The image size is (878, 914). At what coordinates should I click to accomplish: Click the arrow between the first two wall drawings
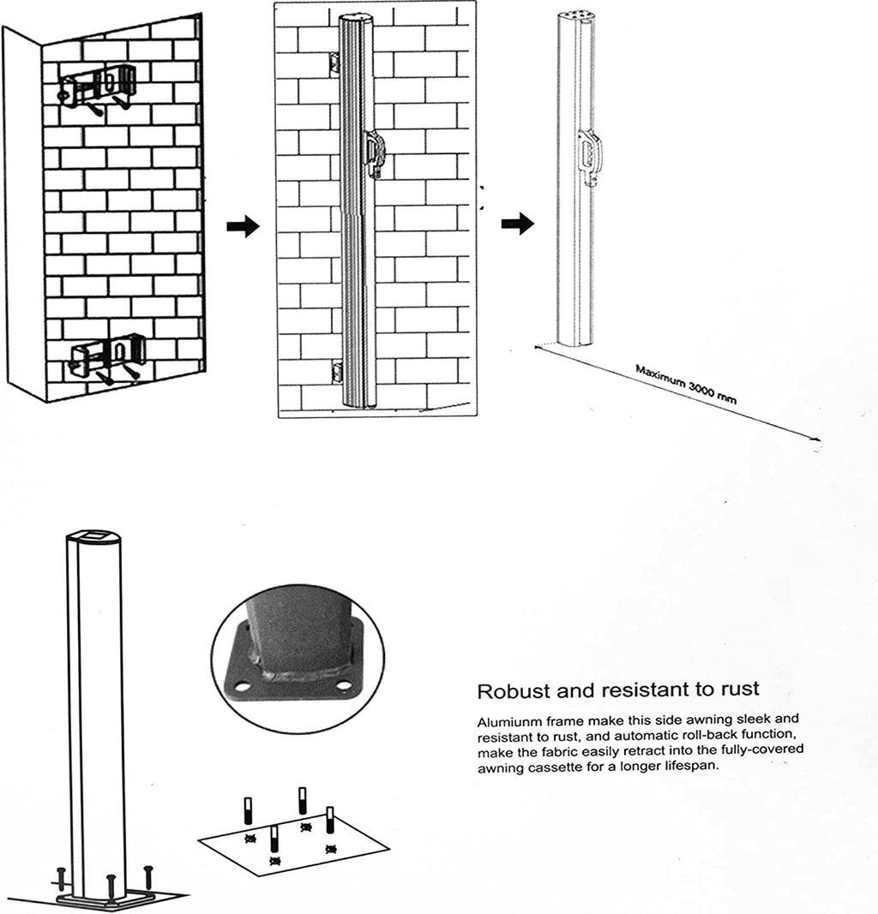[x=243, y=225]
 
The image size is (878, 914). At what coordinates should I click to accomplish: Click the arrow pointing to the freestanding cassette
[x=518, y=224]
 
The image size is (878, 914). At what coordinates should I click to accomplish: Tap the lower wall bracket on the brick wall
[x=108, y=358]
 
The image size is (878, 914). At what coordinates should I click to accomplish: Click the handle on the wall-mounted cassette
[x=373, y=152]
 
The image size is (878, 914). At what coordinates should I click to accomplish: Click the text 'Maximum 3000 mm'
[x=685, y=385]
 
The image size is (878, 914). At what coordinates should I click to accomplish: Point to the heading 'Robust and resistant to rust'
[x=618, y=690]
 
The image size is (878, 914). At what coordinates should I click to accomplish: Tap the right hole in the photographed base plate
[x=344, y=686]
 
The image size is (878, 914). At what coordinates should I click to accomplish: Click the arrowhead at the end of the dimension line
[x=817, y=439]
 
